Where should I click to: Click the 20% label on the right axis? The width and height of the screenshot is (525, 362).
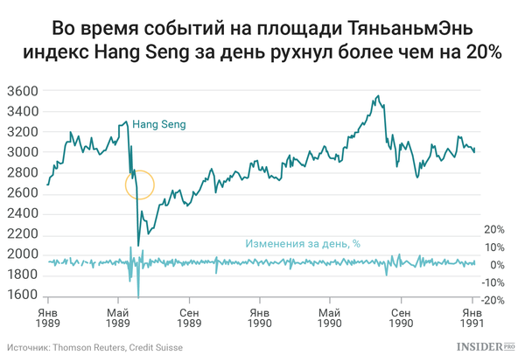(493, 230)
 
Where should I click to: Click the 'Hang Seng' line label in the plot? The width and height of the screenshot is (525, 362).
(158, 125)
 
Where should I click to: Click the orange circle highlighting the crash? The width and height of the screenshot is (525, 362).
(140, 184)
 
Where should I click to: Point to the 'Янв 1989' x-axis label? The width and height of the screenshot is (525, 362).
(48, 318)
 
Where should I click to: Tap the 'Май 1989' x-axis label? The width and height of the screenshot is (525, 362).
(117, 318)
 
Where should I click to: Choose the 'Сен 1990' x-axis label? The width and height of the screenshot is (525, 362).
(401, 318)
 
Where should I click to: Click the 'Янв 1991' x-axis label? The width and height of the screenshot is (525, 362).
(472, 318)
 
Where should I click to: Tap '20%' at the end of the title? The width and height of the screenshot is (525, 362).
(480, 52)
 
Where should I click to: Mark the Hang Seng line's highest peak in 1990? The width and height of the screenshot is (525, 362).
(377, 96)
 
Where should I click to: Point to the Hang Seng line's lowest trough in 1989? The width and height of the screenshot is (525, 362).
(138, 245)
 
